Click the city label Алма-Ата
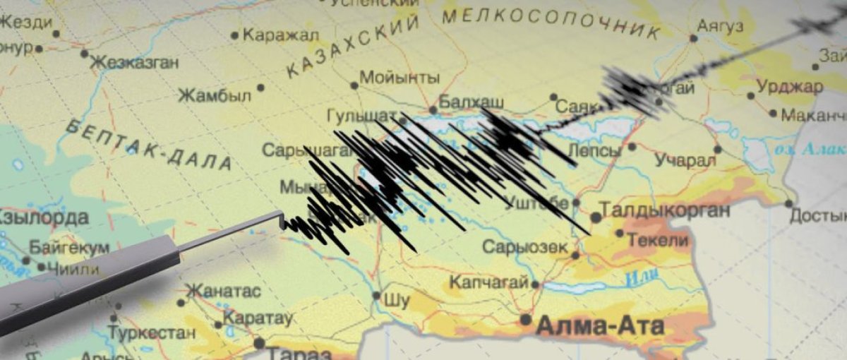600,326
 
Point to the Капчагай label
488,282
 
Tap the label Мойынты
400,78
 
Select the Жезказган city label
134,62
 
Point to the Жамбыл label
214,95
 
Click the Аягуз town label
720,27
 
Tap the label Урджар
789,87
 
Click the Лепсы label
594,150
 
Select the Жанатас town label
222,291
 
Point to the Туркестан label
152,332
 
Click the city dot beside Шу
376,296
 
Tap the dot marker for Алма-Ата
525,320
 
